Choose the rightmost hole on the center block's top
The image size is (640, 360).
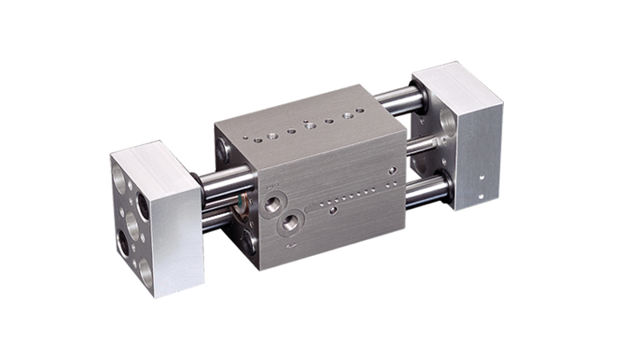346,115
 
